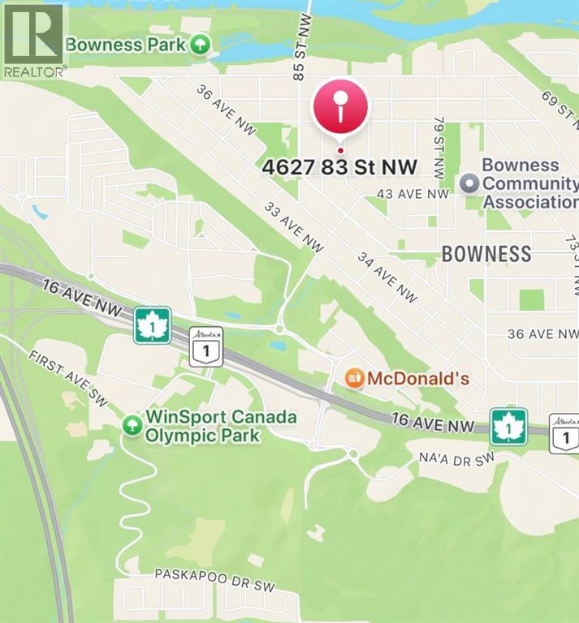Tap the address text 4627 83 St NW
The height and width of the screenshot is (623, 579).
[x=339, y=167]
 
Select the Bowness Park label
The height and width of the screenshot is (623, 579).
[x=126, y=44]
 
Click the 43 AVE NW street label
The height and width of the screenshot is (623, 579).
[x=413, y=194]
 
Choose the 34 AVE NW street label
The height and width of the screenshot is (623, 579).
[x=387, y=277]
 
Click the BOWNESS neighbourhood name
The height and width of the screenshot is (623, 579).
[x=486, y=254]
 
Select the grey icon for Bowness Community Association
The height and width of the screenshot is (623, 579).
[x=469, y=183]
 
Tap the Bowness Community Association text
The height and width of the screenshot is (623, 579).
[x=529, y=183]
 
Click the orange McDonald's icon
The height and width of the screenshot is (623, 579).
[x=353, y=377]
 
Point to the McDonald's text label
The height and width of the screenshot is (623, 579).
[x=418, y=378]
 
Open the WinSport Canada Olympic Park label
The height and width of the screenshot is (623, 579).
[x=220, y=427]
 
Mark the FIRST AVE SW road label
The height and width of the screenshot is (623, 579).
[x=68, y=378]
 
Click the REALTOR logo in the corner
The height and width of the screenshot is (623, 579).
[x=33, y=39]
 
